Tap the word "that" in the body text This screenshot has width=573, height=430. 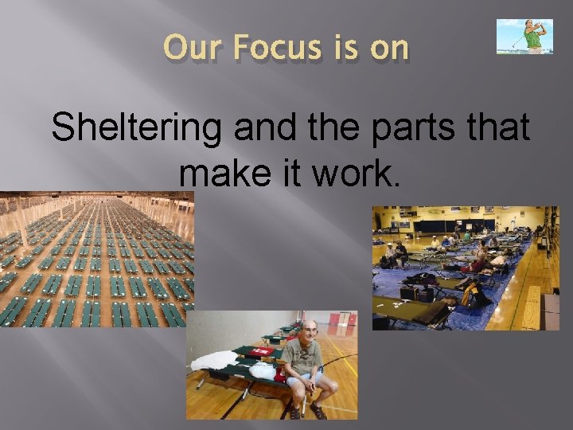pos(494,127)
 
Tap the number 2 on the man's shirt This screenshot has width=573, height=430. pos(305,354)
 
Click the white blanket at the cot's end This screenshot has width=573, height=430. pos(212,361)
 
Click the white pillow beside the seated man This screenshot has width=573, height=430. pos(263,370)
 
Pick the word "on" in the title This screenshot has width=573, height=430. pos(389,49)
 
